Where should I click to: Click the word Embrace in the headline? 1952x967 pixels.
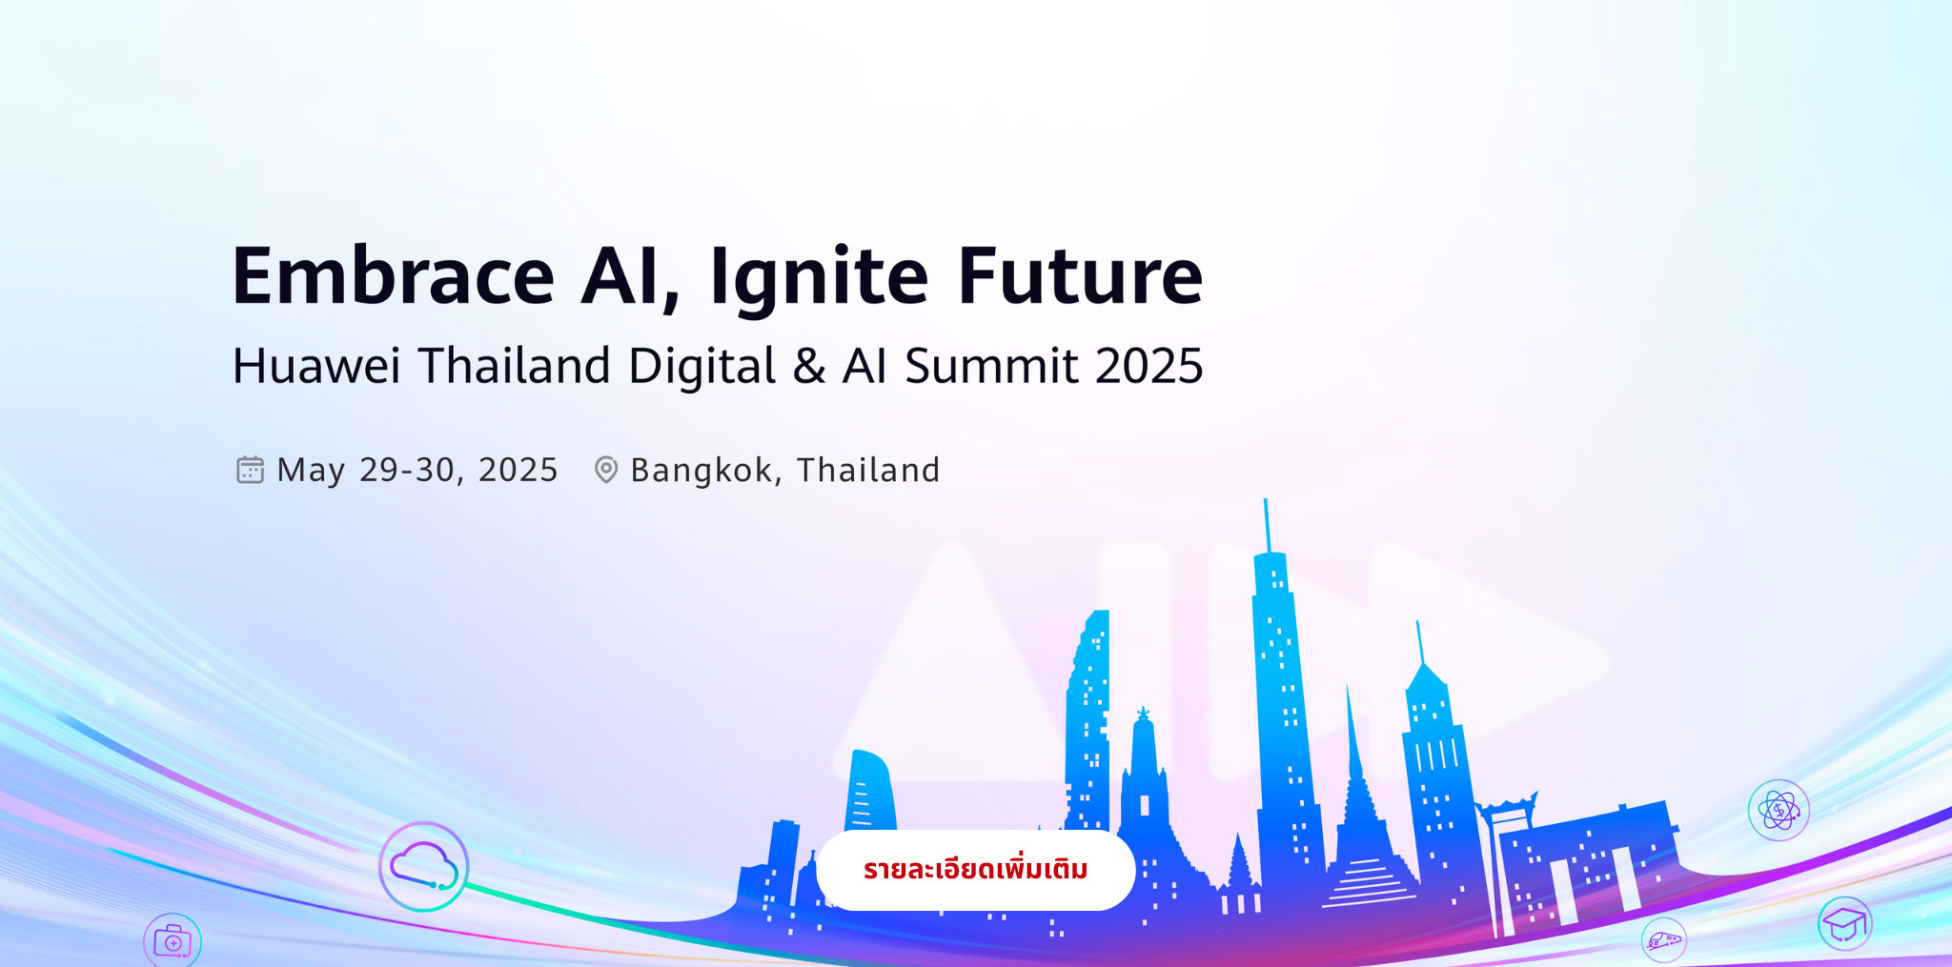(x=394, y=276)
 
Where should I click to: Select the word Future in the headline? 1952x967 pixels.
(x=1081, y=276)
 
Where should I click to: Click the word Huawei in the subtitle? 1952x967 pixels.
(x=316, y=366)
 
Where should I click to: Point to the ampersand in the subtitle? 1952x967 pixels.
(x=808, y=367)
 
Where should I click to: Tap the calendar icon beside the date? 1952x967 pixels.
(x=250, y=470)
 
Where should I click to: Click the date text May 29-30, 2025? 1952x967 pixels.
(x=417, y=471)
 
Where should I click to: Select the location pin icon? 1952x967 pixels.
(x=606, y=470)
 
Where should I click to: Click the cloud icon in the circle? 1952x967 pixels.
(x=424, y=866)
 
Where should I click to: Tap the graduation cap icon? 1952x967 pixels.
(x=1845, y=923)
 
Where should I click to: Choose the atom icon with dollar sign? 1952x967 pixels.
(x=1779, y=811)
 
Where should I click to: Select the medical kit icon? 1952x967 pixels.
(x=173, y=941)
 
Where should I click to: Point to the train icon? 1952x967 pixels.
(x=1664, y=940)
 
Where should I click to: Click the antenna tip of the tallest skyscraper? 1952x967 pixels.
(x=1265, y=499)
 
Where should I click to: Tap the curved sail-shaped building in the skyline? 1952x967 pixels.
(x=870, y=790)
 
